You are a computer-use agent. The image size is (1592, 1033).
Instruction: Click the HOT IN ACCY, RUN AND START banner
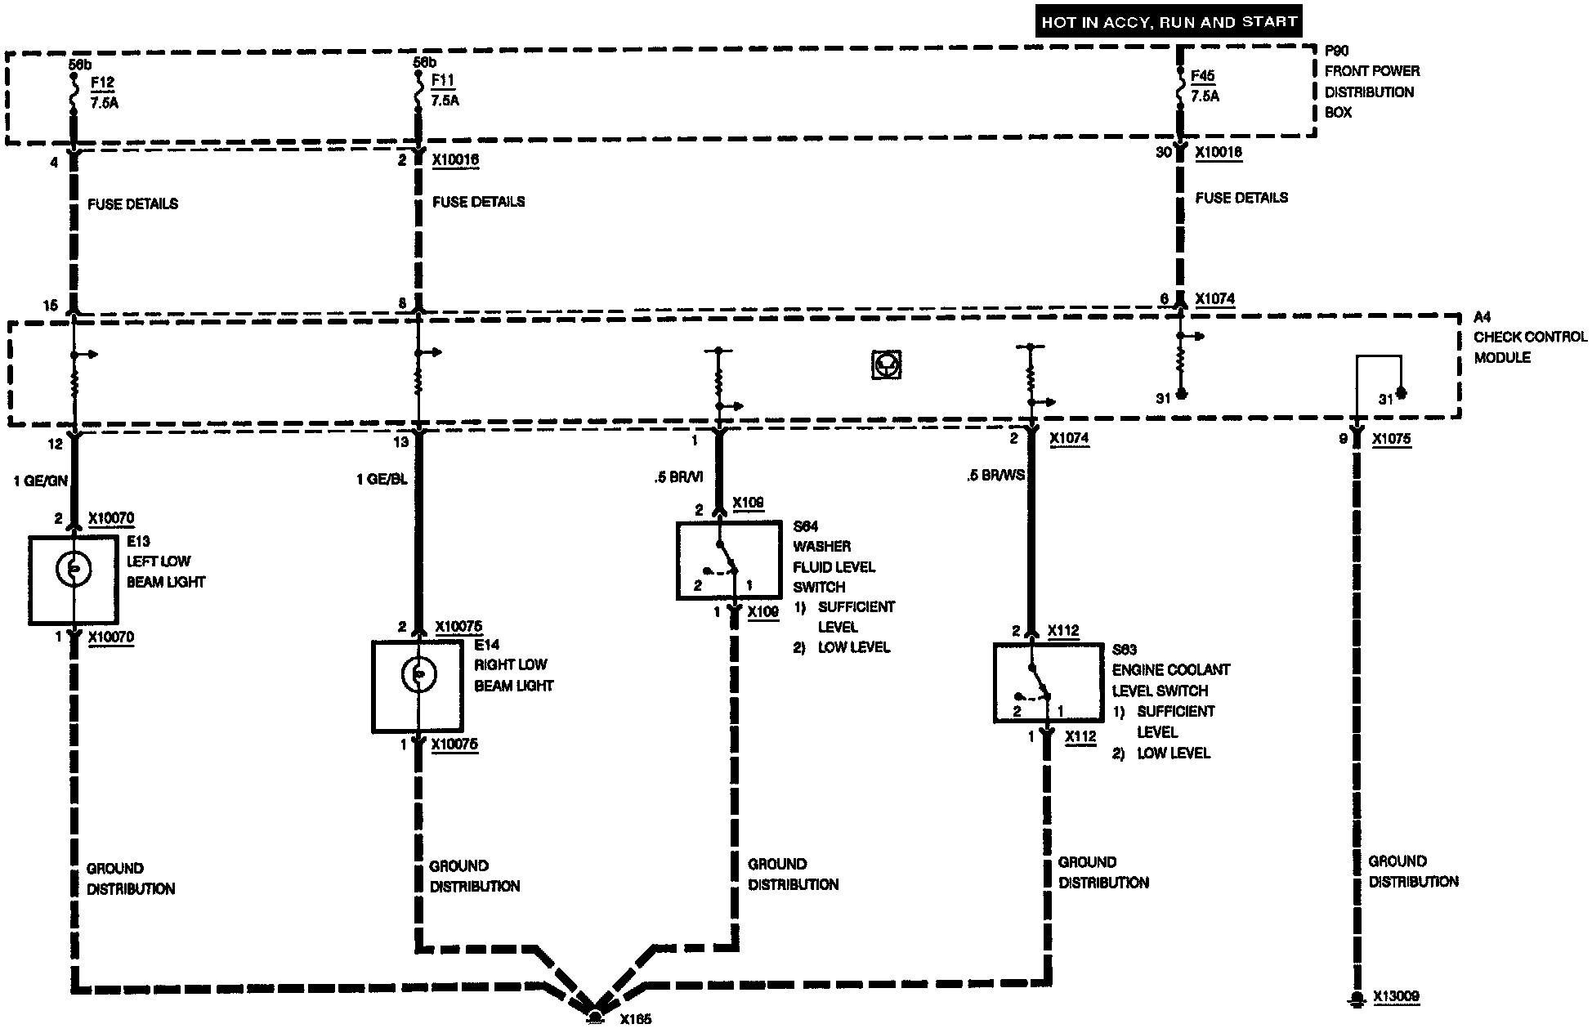pos(1169,21)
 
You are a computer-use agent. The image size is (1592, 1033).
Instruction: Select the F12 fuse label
pos(102,83)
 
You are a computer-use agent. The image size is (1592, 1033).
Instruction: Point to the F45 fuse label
pos(1203,76)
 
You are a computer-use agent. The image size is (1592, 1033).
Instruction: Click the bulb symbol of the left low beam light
pos(74,570)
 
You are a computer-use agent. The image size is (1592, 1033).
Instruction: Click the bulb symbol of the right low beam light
pos(418,675)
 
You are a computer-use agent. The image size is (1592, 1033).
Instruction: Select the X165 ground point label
pos(635,1019)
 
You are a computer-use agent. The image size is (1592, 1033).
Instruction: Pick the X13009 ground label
pos(1396,997)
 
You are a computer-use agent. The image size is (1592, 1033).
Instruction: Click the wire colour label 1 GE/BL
pos(382,479)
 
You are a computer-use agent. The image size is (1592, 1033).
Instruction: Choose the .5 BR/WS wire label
pos(995,475)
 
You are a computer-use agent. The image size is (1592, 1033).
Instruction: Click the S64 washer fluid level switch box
pos(728,561)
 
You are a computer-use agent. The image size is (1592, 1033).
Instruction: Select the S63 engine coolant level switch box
pos(1047,682)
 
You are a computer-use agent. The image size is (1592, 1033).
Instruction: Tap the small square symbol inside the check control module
pos(885,364)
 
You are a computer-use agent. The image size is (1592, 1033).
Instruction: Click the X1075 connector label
pos(1391,439)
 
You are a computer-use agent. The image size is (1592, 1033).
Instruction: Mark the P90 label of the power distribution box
pos(1337,51)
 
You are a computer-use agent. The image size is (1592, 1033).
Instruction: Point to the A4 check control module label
pos(1482,317)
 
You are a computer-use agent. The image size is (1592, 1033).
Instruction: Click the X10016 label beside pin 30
pos(1218,152)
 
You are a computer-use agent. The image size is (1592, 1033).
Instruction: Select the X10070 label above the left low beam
pos(111,518)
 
